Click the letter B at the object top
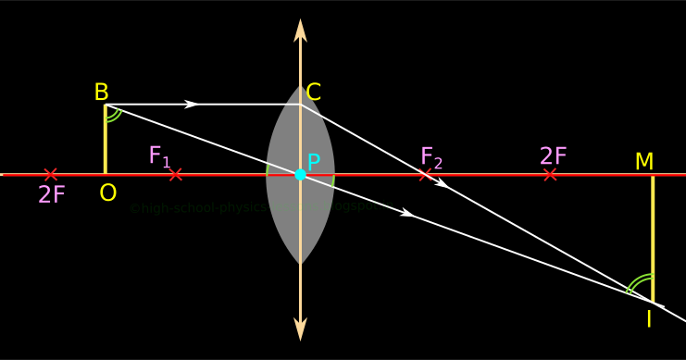coord(102,93)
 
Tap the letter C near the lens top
coord(314,93)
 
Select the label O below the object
coord(108,192)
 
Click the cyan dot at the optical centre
coord(300,174)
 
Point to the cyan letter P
coord(314,163)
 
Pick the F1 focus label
coord(160,156)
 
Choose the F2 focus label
coord(431,157)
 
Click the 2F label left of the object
coord(51,195)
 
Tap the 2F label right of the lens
coord(553,156)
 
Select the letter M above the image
coord(644,162)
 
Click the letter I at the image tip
coord(648,320)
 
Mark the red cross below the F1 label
coord(175,174)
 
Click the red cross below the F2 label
coord(425,174)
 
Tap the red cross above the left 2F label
coord(51,174)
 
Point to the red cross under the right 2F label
coord(551,174)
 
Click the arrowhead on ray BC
coord(192,104)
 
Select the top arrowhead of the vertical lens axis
coord(300,29)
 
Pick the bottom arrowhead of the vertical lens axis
coord(300,329)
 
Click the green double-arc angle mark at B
coord(113,115)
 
